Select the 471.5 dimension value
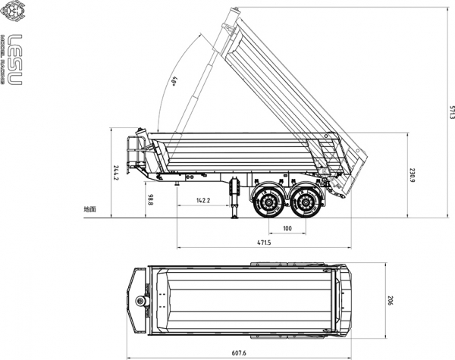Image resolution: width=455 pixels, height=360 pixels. click(265, 243)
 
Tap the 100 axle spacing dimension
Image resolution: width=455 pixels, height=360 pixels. click(287, 228)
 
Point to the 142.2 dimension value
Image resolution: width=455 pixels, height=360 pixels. click(202, 201)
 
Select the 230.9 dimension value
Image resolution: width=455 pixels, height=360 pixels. click(413, 175)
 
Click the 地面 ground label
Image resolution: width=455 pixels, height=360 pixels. click(90, 208)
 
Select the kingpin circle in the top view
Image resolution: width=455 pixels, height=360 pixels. click(140, 302)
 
